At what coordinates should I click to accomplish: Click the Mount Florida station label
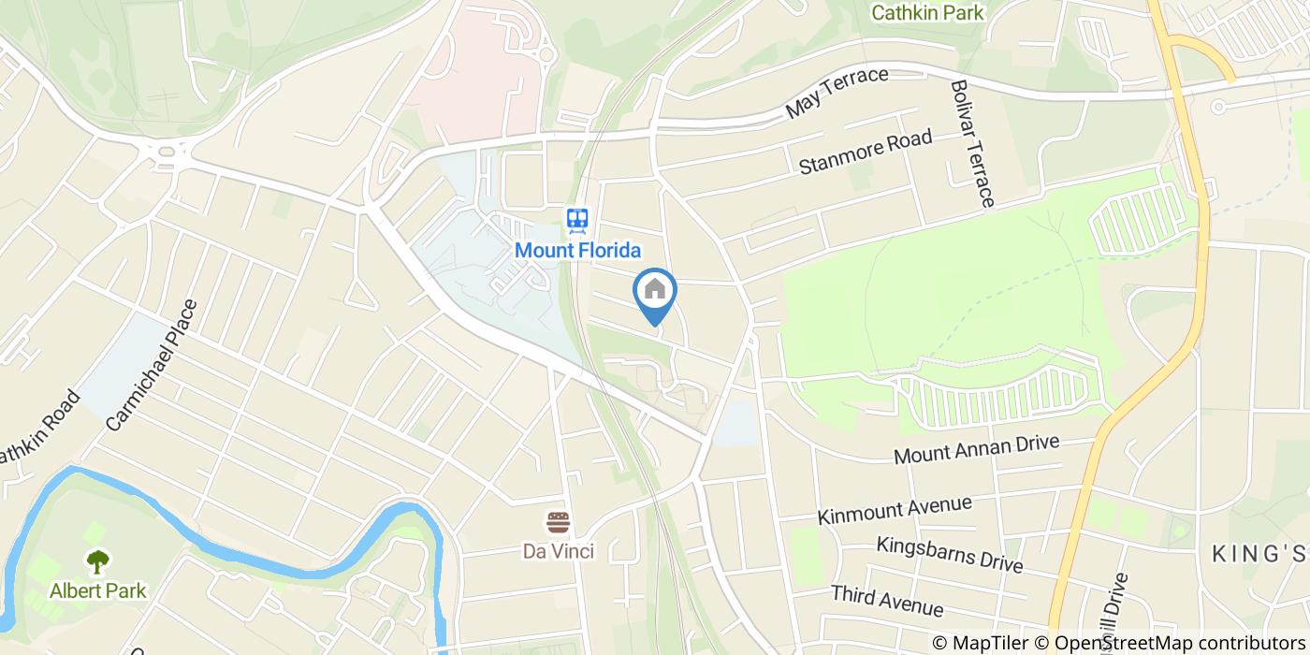click(x=577, y=251)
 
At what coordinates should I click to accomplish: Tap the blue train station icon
click(x=577, y=221)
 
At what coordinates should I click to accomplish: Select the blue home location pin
click(x=655, y=291)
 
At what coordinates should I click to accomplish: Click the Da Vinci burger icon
click(x=559, y=522)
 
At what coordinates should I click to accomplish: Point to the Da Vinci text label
click(x=559, y=551)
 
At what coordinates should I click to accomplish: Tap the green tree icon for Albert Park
click(x=97, y=561)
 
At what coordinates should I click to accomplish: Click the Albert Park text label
click(x=97, y=590)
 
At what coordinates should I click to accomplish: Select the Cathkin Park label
click(x=927, y=13)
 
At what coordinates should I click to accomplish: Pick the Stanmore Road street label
click(x=866, y=153)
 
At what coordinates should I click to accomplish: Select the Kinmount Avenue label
click(x=895, y=510)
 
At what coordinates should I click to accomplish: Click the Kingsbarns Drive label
click(x=949, y=554)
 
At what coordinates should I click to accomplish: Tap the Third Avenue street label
click(x=886, y=600)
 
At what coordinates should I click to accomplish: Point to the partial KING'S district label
click(x=1259, y=554)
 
